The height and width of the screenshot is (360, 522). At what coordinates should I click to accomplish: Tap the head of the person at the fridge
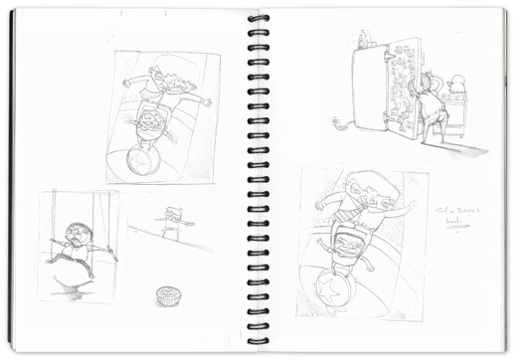[x=431, y=83]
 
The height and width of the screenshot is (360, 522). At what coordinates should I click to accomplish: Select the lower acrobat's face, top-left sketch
[x=150, y=122]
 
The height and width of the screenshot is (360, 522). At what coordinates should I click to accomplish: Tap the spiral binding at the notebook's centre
[x=259, y=179]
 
